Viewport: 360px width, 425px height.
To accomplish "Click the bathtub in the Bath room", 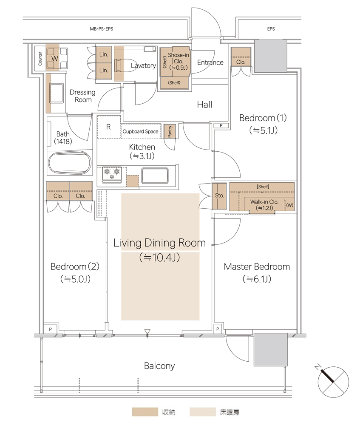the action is point(70,163).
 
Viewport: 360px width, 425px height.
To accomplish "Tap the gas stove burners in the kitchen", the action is point(112,174).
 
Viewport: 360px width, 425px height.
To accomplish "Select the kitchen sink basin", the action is point(155,176).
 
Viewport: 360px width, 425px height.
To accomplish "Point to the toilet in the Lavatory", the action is point(126,65).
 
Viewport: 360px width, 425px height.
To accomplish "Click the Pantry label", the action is point(170,131).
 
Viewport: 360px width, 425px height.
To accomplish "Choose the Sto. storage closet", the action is point(219,196).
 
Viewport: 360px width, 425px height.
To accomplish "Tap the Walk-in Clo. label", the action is point(264,205).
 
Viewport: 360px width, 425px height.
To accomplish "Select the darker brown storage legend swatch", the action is point(145,412).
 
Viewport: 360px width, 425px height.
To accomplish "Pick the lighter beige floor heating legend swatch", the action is point(202,412).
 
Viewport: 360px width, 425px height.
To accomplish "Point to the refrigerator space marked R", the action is point(108,127).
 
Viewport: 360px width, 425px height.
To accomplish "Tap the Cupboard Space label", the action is point(140,131).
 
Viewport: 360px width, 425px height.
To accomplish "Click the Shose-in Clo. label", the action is point(179,61).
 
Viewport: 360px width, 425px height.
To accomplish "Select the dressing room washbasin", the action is point(57,93).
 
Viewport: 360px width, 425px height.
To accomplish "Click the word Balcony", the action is point(159,366).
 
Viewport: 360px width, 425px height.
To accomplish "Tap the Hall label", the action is point(204,105).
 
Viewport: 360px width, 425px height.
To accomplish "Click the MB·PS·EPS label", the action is point(102,29).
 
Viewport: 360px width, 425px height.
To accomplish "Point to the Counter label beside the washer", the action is point(40,59).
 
